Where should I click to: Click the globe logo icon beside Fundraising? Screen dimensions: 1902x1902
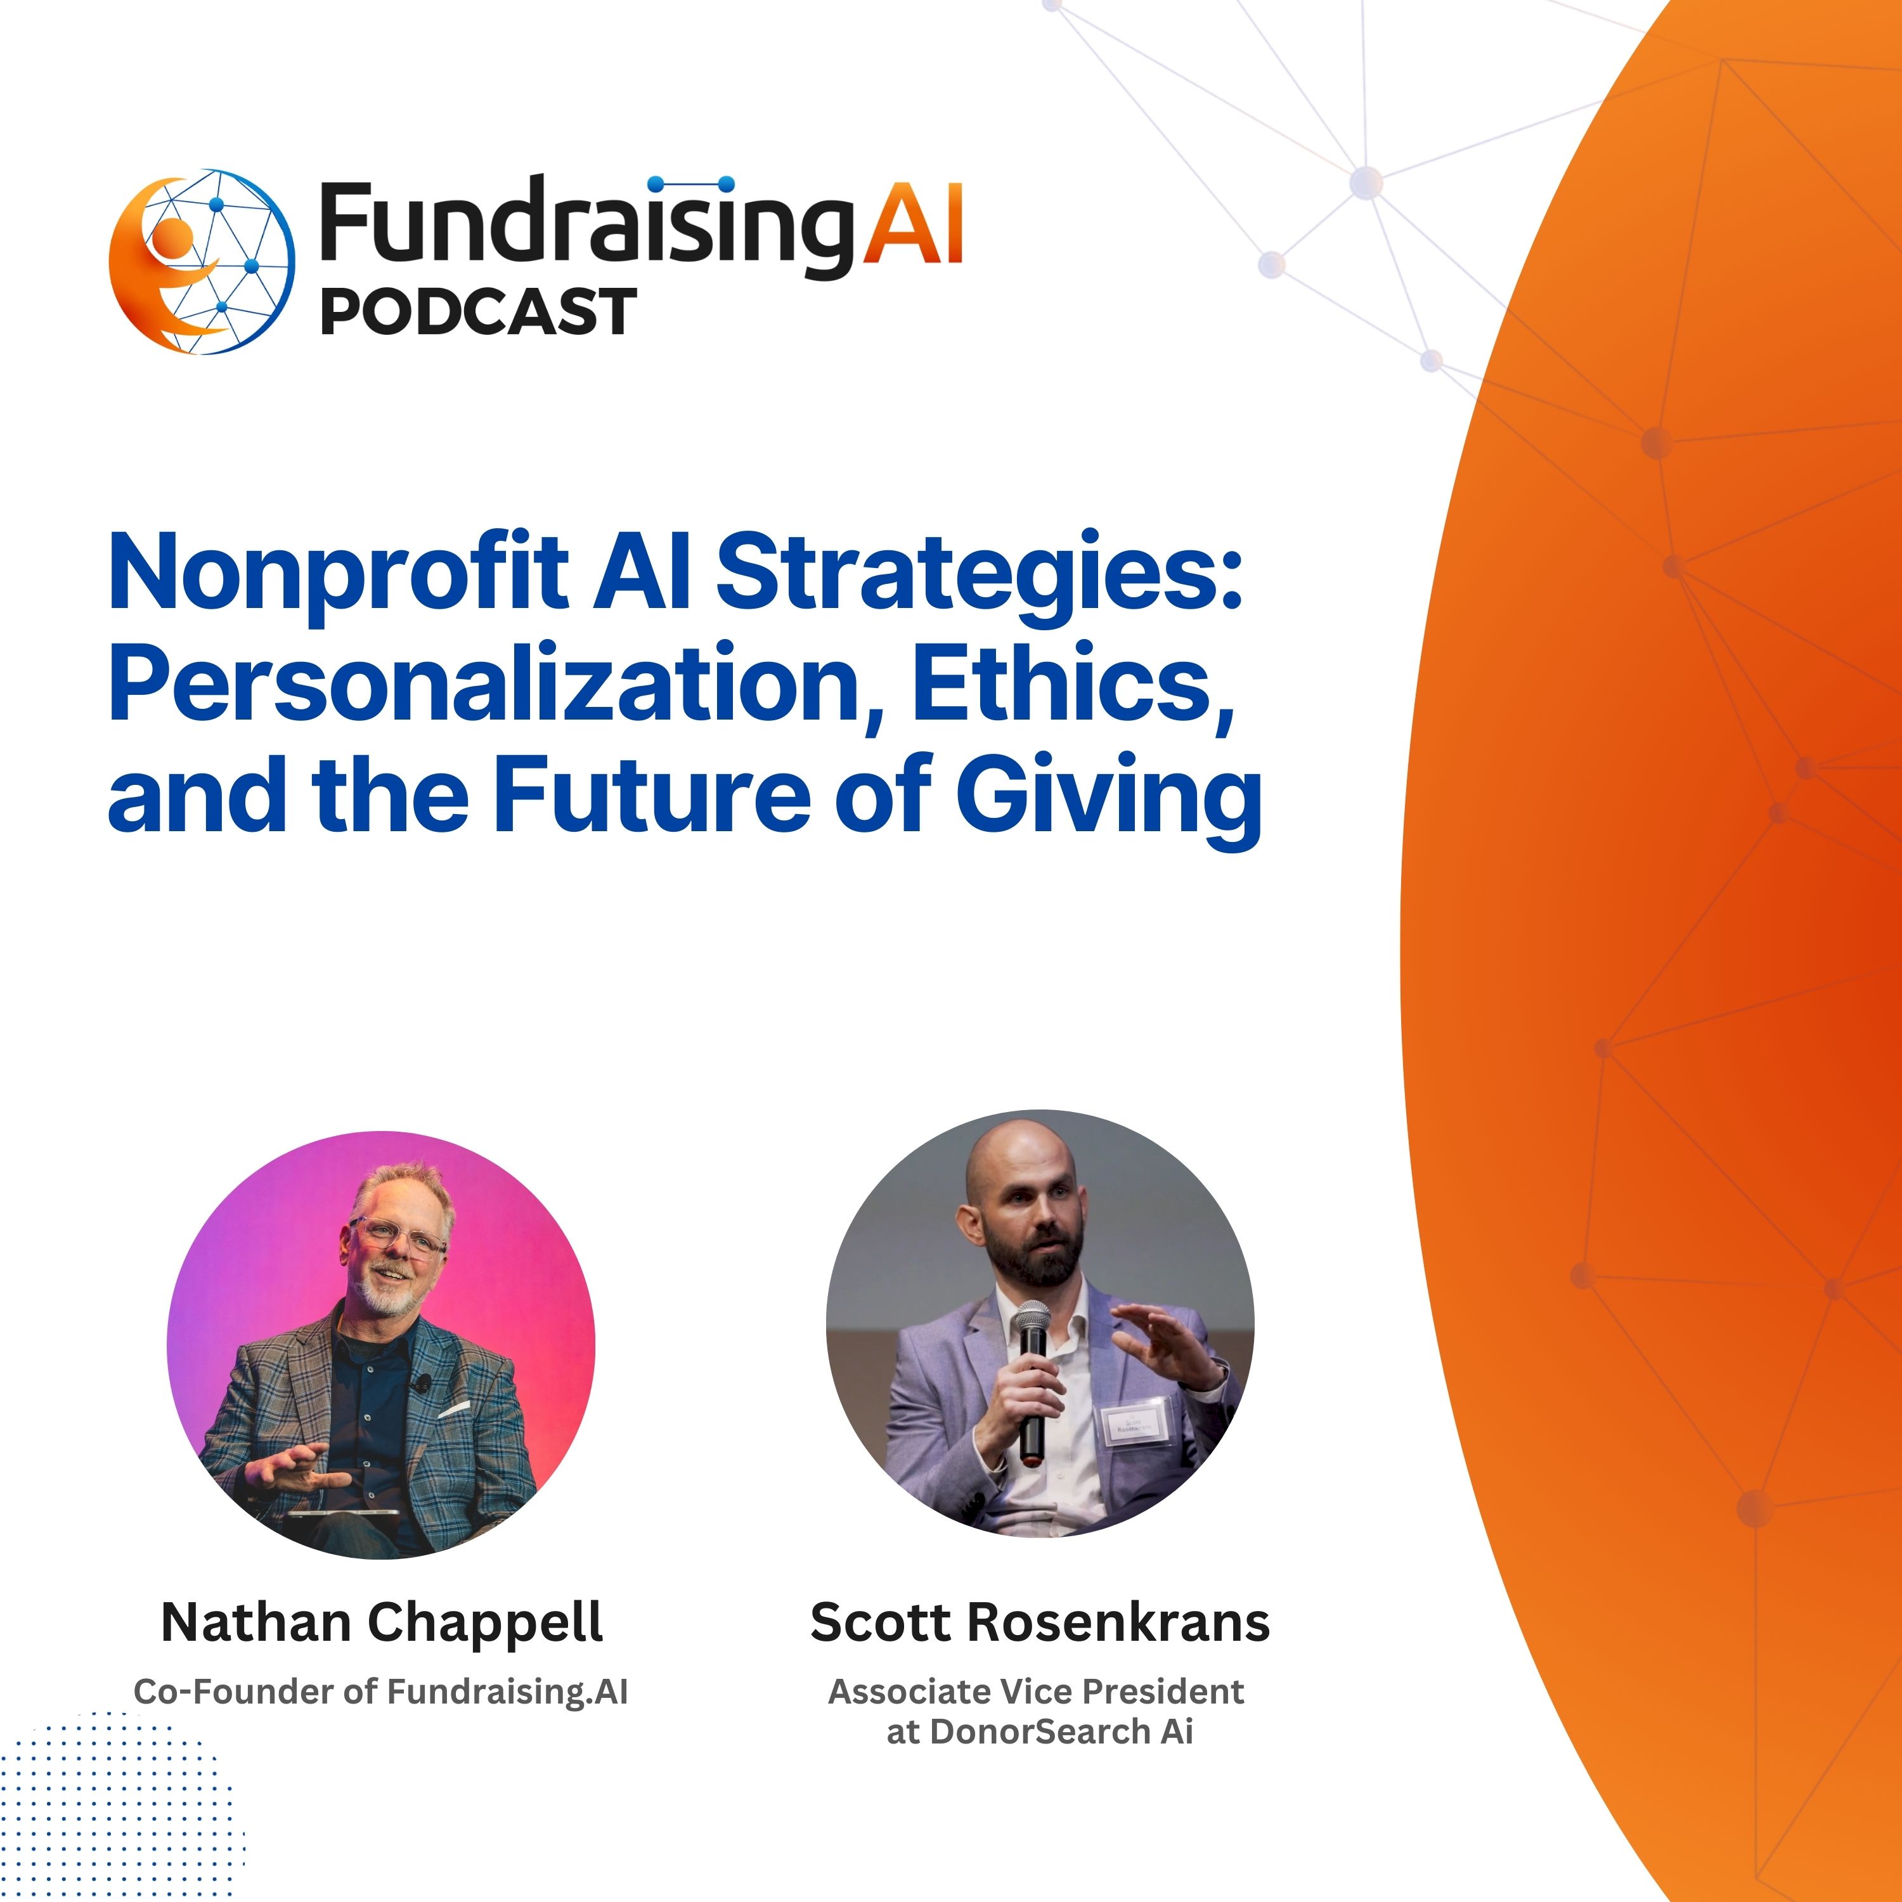point(202,262)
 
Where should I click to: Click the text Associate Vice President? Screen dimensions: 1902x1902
point(1036,1692)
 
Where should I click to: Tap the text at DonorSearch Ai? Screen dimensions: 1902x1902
point(1040,1731)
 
